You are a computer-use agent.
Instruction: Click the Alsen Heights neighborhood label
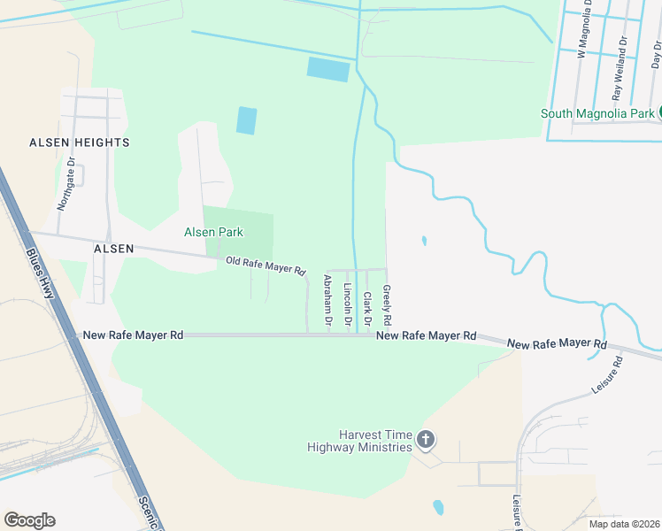point(79,142)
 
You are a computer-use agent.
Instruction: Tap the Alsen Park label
point(213,232)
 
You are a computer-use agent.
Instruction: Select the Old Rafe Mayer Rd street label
point(266,265)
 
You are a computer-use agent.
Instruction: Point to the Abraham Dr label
point(327,302)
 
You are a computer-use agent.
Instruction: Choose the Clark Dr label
point(366,308)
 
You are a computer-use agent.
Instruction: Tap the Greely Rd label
point(387,304)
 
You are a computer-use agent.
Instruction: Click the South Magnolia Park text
point(597,113)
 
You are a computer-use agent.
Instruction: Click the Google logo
point(29,520)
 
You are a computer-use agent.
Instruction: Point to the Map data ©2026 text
point(624,524)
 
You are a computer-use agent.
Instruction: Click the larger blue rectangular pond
point(328,69)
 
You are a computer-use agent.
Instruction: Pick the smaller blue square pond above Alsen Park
point(247,120)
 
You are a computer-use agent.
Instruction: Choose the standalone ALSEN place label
point(113,250)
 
